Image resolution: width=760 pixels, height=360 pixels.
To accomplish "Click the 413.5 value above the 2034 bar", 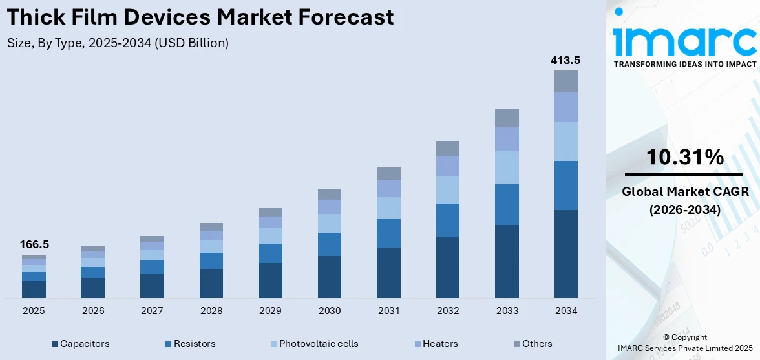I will pos(565,60).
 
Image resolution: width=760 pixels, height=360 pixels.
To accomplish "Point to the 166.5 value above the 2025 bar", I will pos(34,245).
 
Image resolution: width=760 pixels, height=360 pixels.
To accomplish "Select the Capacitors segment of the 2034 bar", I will pos(565,253).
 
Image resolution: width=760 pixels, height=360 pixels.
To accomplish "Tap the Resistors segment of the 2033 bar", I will pos(507,204).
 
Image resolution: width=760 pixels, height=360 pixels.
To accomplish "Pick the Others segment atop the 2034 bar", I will pos(565,81).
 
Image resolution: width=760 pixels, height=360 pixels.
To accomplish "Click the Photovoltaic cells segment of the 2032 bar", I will pos(447,190).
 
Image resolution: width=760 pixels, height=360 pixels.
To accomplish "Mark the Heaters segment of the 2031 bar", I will pos(388,189).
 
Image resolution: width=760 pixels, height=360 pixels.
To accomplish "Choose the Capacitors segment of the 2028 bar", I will pos(211,283).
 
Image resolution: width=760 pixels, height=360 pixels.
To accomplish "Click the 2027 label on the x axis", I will pos(152,311).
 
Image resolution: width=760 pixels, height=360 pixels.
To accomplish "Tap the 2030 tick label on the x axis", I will pos(330,311).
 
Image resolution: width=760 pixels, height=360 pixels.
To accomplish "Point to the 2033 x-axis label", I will pos(507,311).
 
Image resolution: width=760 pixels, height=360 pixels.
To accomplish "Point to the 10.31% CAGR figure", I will pos(684,157).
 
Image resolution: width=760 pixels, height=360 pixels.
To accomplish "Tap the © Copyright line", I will pos(685,337).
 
